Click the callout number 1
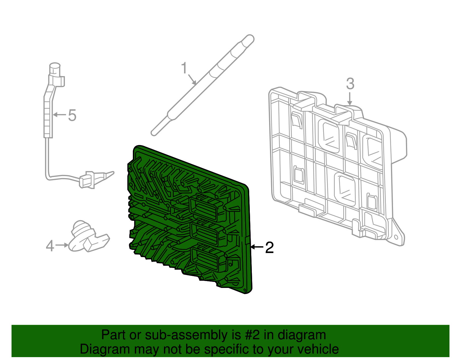[x=184, y=68]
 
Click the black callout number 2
[x=269, y=248]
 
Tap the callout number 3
[x=350, y=84]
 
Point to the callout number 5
[x=72, y=115]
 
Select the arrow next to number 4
[x=62, y=245]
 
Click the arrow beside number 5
[x=60, y=115]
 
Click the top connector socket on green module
[x=204, y=207]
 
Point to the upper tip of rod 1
[x=248, y=39]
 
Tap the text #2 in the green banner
[x=252, y=335]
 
